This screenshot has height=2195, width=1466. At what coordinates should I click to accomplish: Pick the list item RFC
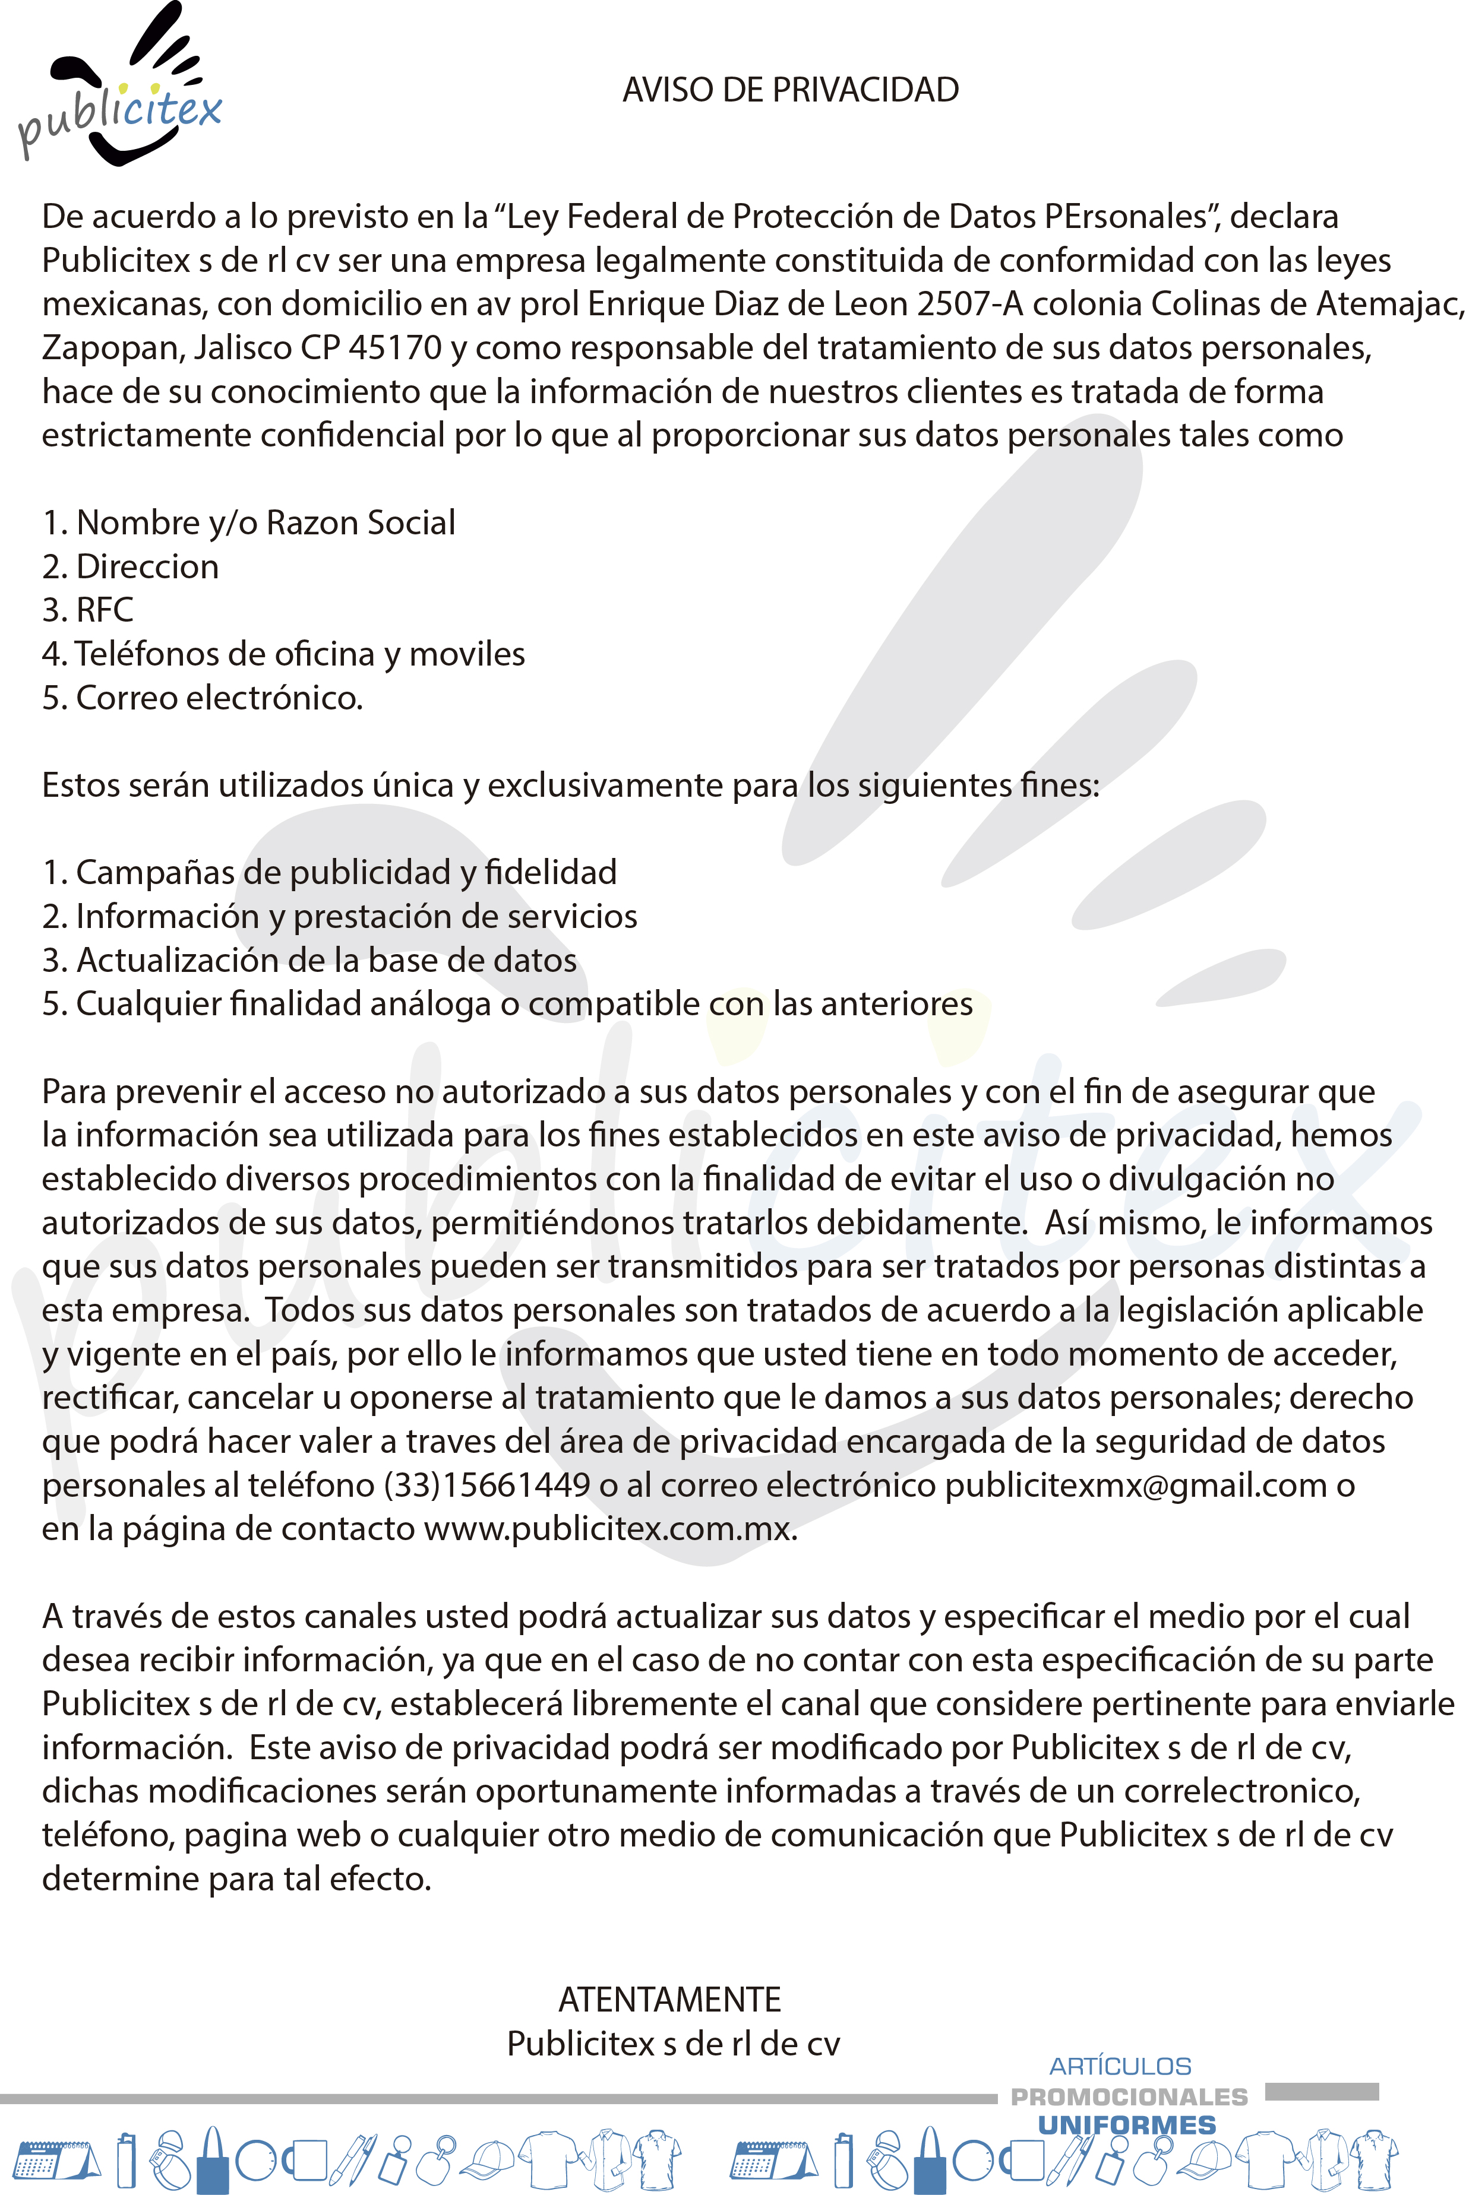[x=104, y=610]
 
